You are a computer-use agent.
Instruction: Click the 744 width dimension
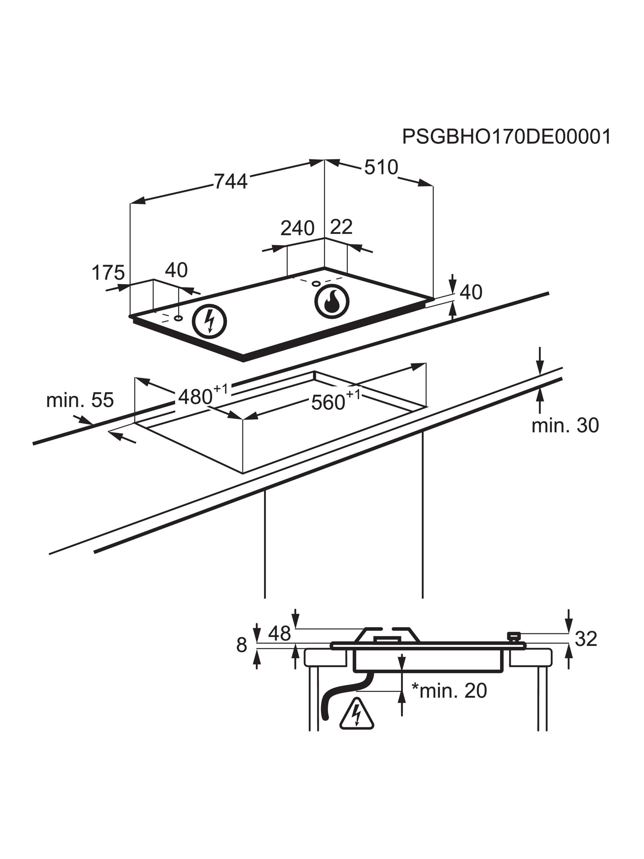(231, 181)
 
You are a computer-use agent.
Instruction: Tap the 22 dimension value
(341, 227)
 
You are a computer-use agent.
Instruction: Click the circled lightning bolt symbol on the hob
(210, 321)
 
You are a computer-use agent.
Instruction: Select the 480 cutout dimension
(196, 397)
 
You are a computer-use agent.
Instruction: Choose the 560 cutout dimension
(328, 402)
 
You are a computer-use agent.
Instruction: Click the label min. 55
(80, 400)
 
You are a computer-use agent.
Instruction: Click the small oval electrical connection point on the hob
(179, 318)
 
